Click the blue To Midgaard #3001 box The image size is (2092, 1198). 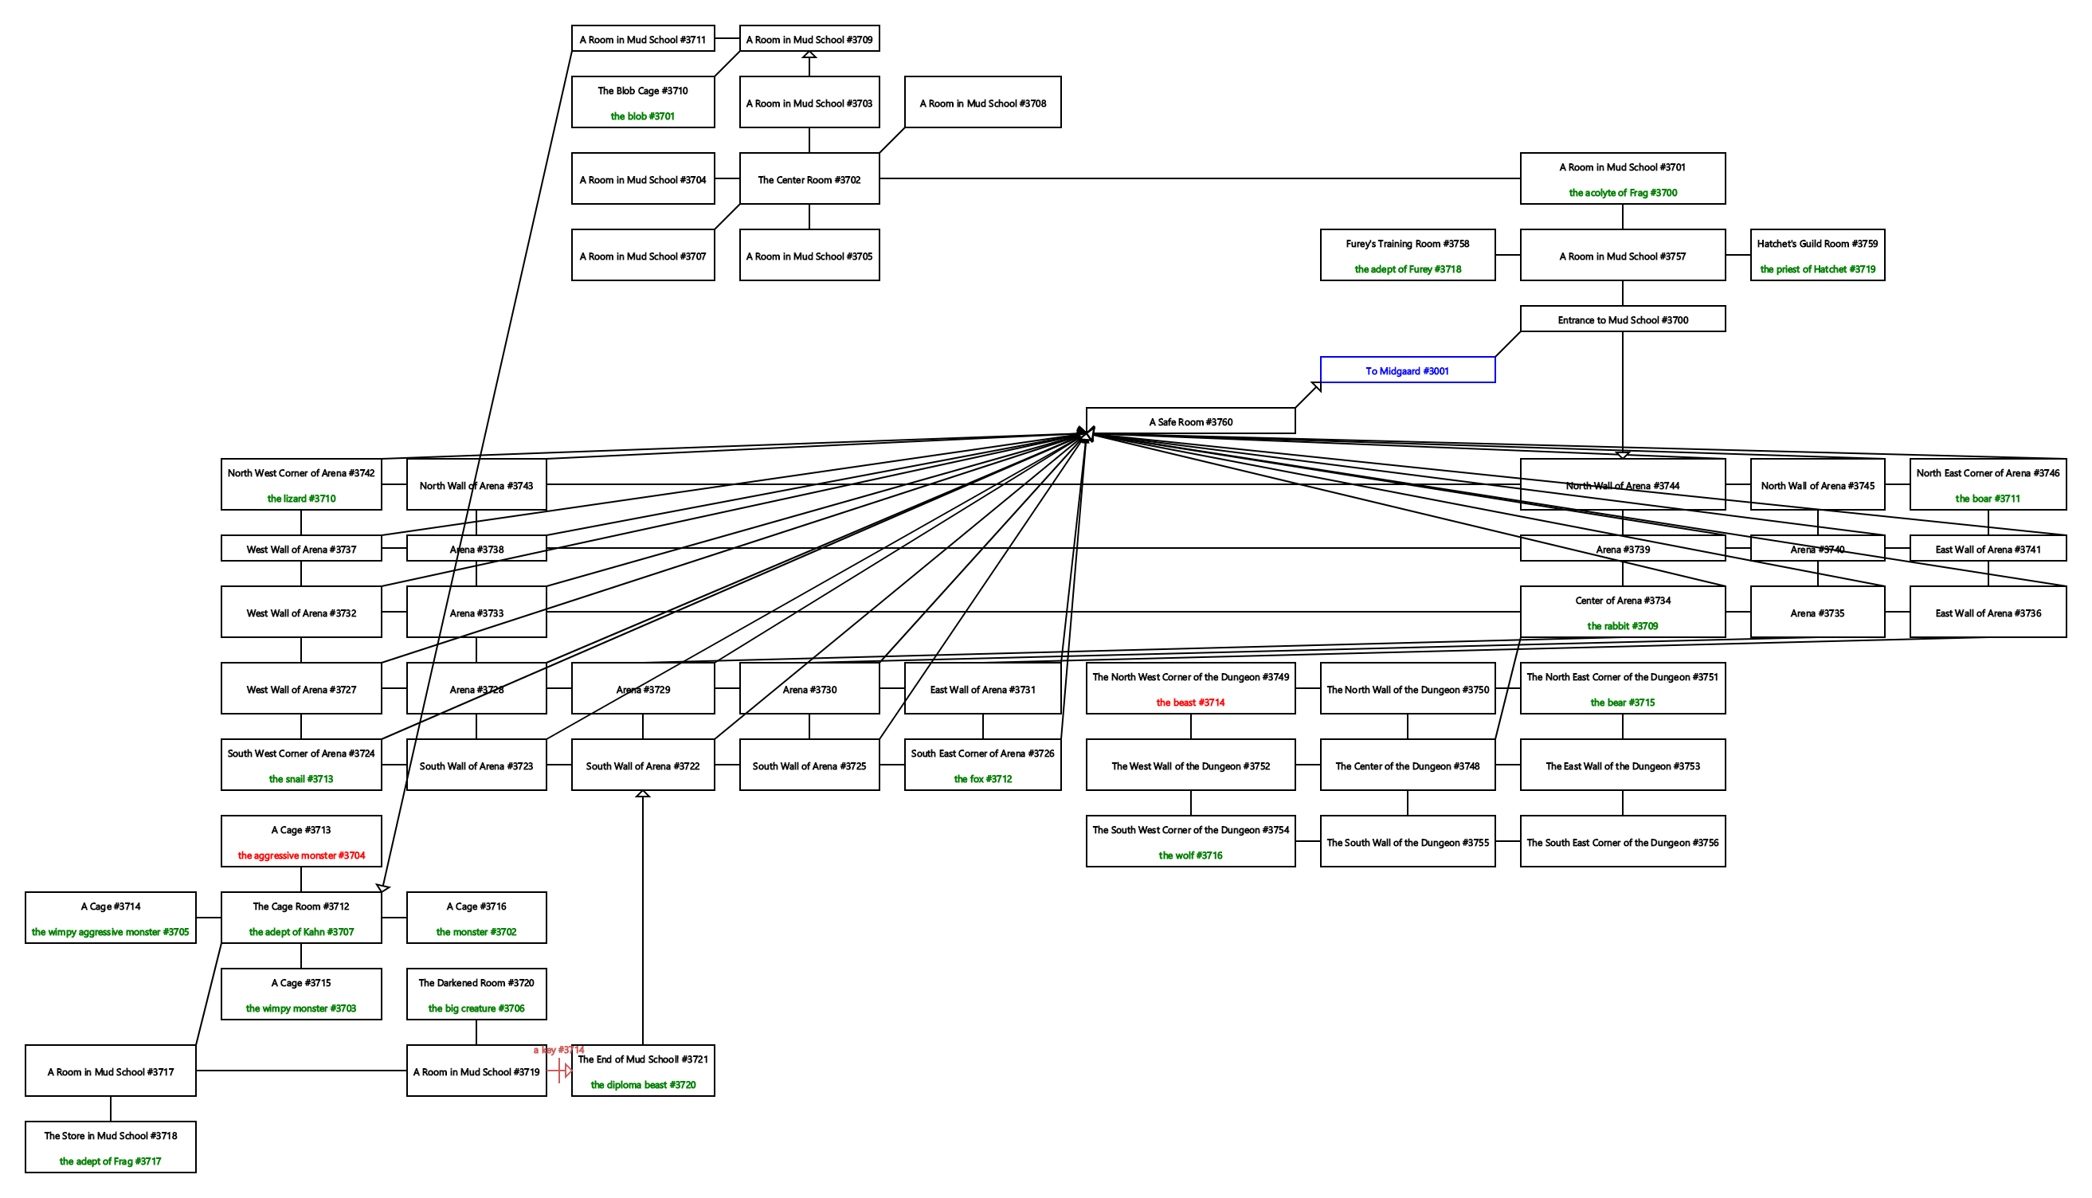coord(1407,370)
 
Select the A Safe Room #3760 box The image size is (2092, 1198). coord(1189,421)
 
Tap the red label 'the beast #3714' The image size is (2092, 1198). coord(1189,703)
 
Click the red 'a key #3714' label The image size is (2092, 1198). coord(558,1050)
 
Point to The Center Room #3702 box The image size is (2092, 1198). coord(809,179)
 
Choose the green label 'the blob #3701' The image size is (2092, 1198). coord(641,116)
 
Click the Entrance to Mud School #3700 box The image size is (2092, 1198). coord(1621,319)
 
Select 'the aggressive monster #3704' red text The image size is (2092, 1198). coord(301,855)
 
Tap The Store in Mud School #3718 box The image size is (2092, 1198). coord(110,1146)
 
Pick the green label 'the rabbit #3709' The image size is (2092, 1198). coord(1621,626)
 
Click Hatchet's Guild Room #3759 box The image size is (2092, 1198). coord(1816,255)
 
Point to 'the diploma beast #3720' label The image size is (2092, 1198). coord(642,1085)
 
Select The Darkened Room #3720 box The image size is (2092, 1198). coord(476,994)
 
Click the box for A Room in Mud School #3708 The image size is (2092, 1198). coord(982,103)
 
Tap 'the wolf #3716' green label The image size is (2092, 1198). coord(1189,855)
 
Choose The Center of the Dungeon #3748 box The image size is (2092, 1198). coord(1407,765)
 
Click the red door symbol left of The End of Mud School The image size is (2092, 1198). coord(563,1071)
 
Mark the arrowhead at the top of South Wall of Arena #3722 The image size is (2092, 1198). coord(642,794)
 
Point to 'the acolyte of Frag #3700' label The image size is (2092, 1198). coord(1621,193)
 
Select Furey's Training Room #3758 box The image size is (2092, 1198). coord(1407,255)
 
